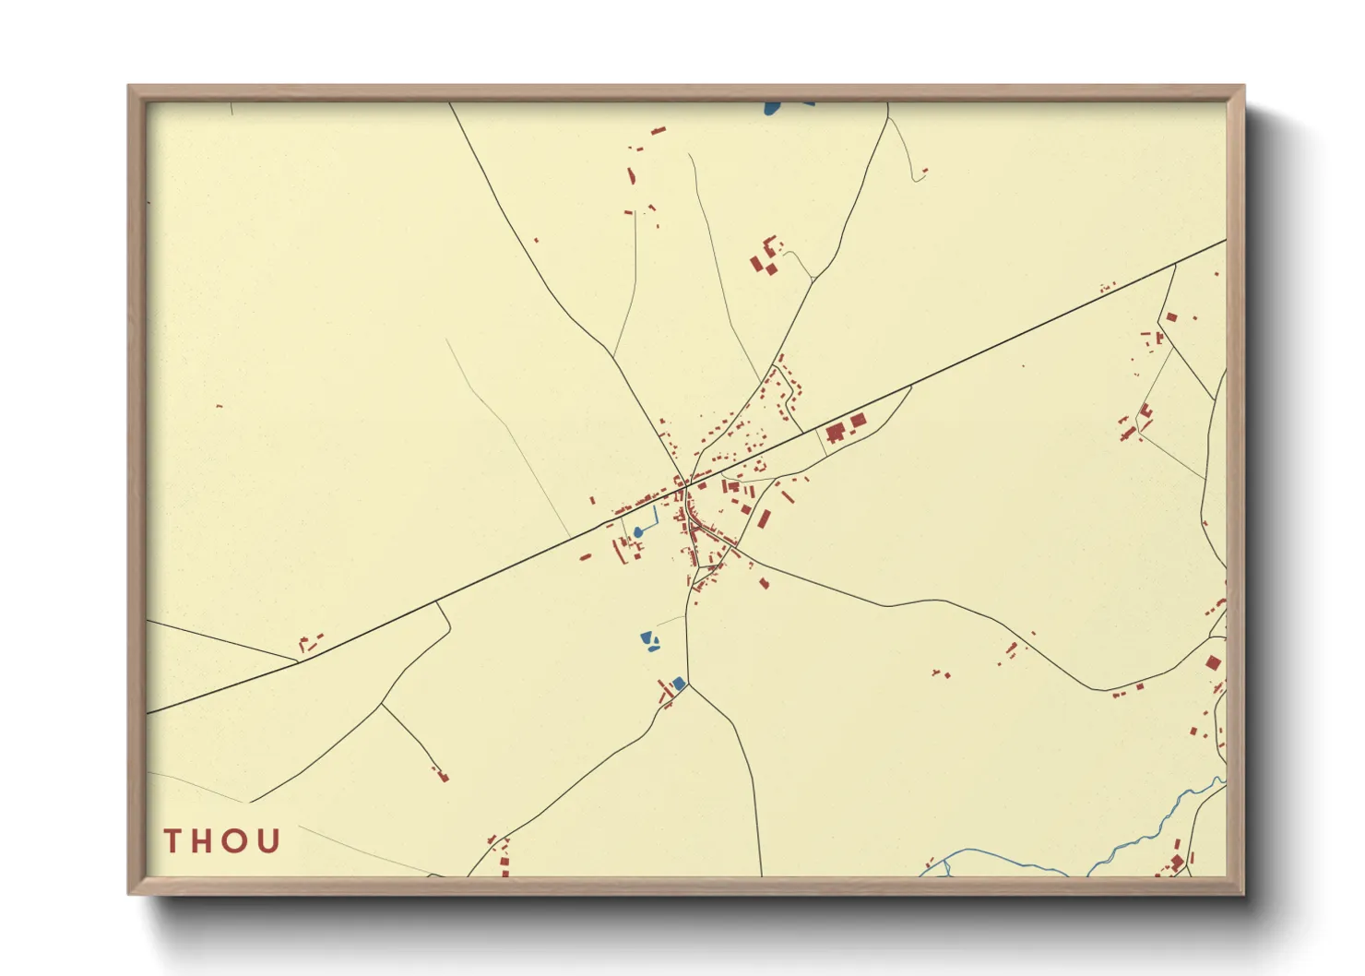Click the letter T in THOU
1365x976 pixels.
(172, 841)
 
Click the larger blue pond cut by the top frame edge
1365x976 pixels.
(771, 108)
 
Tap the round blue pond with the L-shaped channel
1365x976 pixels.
(638, 532)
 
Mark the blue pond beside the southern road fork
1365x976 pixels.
(679, 683)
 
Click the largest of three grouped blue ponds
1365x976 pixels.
(647, 637)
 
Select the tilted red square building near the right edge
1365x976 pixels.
(1213, 662)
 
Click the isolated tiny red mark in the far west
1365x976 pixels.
(219, 406)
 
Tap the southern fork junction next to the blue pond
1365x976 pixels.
(688, 684)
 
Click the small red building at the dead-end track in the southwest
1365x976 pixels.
(443, 777)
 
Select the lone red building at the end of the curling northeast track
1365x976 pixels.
(924, 170)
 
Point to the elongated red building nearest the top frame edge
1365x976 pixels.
(659, 131)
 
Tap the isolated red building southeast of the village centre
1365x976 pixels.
(764, 582)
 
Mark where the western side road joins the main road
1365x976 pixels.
(300, 660)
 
